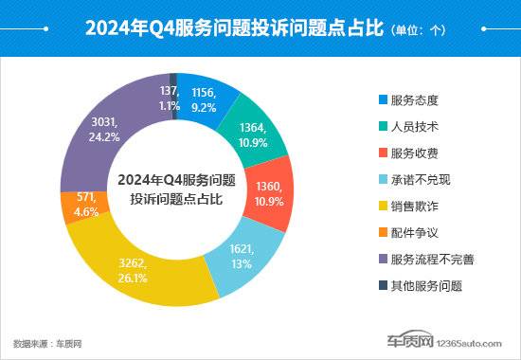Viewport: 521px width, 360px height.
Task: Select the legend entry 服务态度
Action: pyautogui.click(x=415, y=99)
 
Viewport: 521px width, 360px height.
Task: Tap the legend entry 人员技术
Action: pyautogui.click(x=415, y=125)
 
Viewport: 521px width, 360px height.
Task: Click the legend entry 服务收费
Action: pyautogui.click(x=415, y=152)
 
